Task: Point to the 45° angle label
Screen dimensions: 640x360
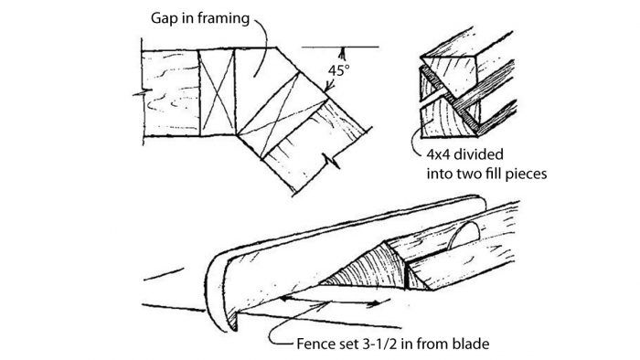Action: pyautogui.click(x=338, y=70)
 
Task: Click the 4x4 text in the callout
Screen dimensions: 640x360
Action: pyautogui.click(x=438, y=154)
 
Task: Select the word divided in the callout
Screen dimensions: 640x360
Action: pyautogui.click(x=479, y=154)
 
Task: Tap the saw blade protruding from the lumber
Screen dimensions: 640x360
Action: pyautogui.click(x=464, y=235)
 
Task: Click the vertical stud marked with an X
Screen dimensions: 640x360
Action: pyautogui.click(x=218, y=92)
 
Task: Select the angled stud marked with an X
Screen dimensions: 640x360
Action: pyautogui.click(x=283, y=115)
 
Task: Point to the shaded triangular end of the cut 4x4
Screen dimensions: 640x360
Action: pyautogui.click(x=362, y=270)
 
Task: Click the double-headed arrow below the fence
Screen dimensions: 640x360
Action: pyautogui.click(x=331, y=302)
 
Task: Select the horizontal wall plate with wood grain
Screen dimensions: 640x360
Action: pyautogui.click(x=171, y=92)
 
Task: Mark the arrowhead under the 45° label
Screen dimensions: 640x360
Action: pyautogui.click(x=330, y=87)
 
